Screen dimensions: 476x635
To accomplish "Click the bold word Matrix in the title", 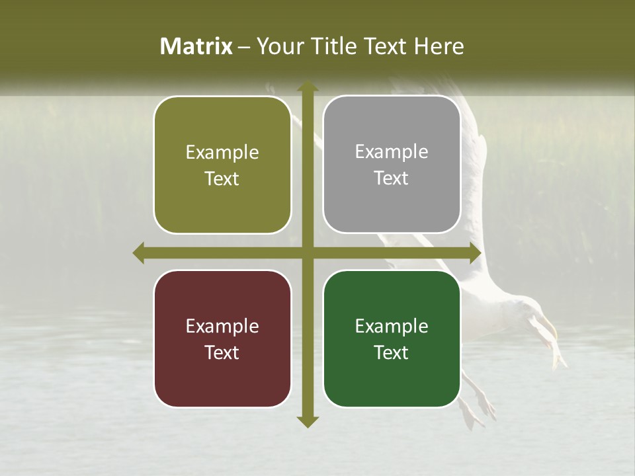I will click(x=196, y=46).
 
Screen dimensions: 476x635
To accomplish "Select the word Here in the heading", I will click(x=439, y=46).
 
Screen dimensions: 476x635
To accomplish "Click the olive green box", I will click(x=222, y=165).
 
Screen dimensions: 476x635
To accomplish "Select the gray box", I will click(x=392, y=165).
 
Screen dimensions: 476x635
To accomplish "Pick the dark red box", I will click(x=222, y=338).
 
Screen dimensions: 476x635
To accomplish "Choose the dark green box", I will click(x=392, y=338).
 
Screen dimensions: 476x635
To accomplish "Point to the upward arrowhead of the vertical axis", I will click(x=306, y=87).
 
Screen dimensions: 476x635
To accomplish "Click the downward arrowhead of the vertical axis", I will click(x=306, y=422).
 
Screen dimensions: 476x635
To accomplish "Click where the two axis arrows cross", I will click(x=306, y=253).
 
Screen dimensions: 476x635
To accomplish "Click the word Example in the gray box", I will click(x=392, y=152).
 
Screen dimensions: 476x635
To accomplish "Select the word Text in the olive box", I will click(x=222, y=179).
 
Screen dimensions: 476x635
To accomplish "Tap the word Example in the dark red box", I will click(x=222, y=326).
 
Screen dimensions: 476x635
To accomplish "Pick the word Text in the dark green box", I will click(x=392, y=353).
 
